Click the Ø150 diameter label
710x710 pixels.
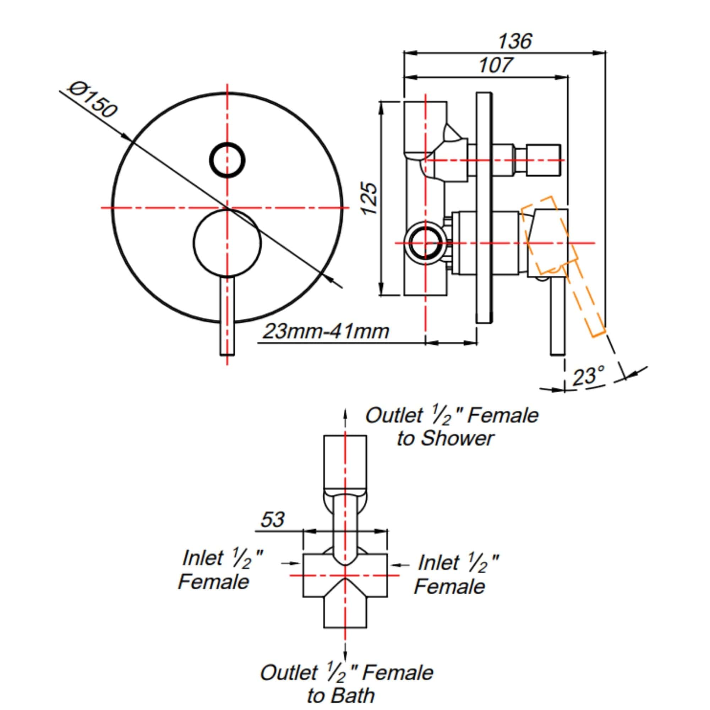click(x=93, y=100)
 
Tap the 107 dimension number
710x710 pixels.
click(x=495, y=65)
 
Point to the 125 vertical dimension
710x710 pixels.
click(x=369, y=198)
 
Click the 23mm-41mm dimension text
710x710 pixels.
click(x=326, y=332)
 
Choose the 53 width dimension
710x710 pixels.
click(x=272, y=520)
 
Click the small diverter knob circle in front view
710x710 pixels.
click(x=227, y=160)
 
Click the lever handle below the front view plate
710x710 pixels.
click(x=227, y=316)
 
